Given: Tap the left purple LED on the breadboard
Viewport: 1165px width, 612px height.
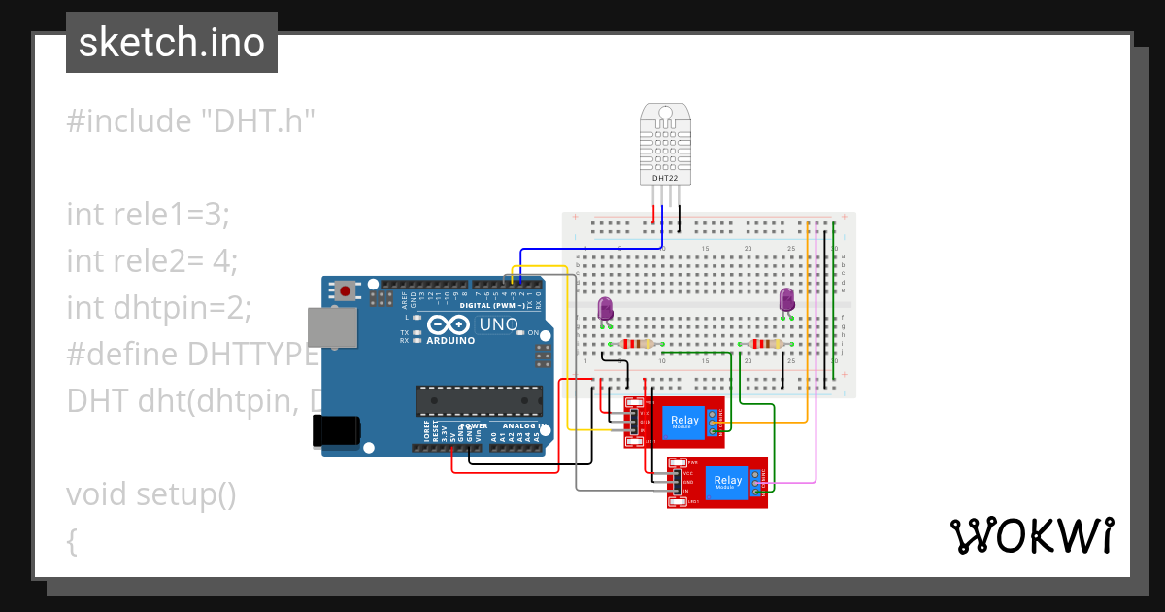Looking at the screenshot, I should click(605, 309).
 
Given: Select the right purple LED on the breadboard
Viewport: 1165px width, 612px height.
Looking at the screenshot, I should click(787, 301).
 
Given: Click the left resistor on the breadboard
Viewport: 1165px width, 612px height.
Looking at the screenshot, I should click(637, 344).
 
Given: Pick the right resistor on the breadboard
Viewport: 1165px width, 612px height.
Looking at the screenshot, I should click(768, 344).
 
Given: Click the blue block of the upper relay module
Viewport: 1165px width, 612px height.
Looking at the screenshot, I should click(683, 422).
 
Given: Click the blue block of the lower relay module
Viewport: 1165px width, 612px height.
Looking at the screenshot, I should click(727, 481).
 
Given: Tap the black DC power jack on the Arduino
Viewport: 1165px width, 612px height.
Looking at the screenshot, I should click(334, 431).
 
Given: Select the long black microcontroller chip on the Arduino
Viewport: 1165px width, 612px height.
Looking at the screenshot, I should click(479, 399).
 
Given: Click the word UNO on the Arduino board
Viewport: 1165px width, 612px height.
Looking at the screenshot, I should click(498, 323).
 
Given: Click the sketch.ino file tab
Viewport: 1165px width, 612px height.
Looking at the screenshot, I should click(172, 43).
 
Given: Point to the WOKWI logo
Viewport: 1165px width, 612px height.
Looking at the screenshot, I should click(1031, 535).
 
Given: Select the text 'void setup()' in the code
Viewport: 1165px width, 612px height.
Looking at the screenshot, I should click(151, 493).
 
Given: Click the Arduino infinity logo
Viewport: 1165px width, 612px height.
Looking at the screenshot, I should click(448, 324).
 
